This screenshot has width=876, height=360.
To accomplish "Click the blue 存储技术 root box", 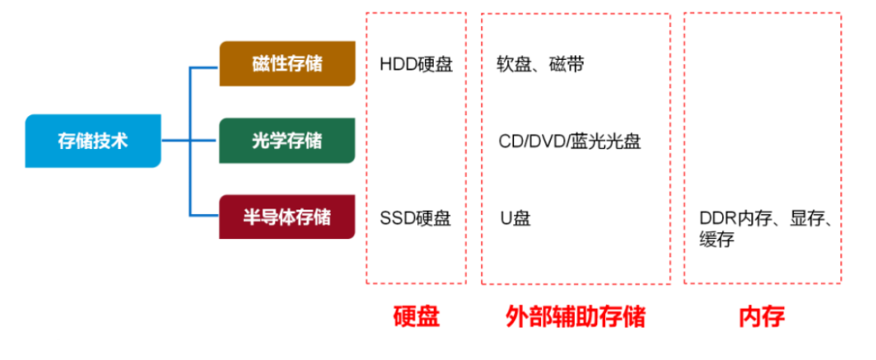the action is pos(92,141).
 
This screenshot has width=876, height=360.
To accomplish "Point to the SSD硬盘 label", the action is pos(415,217).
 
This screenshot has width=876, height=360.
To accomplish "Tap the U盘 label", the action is pos(515,217).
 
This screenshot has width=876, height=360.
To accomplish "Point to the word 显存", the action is pos(809,219).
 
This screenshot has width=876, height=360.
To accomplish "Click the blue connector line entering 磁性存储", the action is pos(204,67).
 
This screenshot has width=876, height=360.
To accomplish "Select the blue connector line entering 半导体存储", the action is pos(204,215).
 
